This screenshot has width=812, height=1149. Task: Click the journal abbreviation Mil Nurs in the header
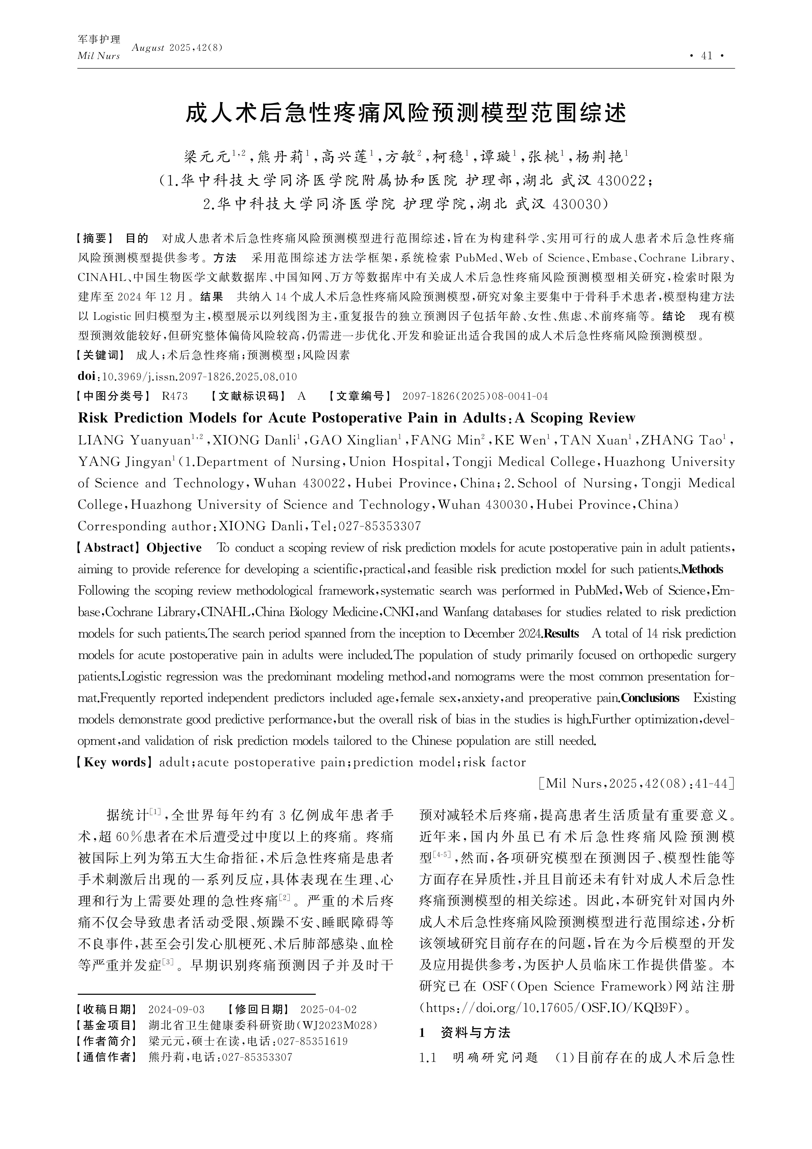point(98,56)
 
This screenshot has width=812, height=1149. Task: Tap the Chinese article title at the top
point(406,114)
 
